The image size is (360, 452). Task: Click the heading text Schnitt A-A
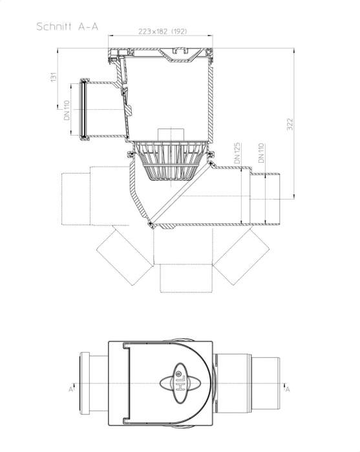pyautogui.click(x=67, y=26)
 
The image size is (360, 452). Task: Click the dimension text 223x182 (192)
pyautogui.click(x=163, y=31)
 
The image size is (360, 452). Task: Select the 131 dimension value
pyautogui.click(x=54, y=77)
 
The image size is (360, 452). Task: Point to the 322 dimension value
pyautogui.click(x=290, y=124)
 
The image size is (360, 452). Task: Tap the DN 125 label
pyautogui.click(x=237, y=153)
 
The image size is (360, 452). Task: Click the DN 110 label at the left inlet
pyautogui.click(x=67, y=110)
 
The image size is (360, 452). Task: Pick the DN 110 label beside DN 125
pyautogui.click(x=261, y=153)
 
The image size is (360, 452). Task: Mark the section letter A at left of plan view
pyautogui.click(x=70, y=389)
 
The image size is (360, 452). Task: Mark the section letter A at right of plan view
pyautogui.click(x=288, y=389)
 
